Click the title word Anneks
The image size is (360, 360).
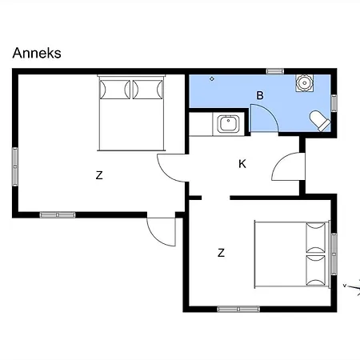(37, 53)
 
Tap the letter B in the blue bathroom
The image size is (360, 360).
(260, 95)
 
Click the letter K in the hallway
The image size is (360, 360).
(242, 164)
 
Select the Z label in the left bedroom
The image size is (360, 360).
(99, 175)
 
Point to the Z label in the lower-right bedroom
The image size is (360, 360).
(221, 253)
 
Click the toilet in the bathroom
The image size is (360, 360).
(320, 121)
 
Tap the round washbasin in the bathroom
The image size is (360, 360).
(304, 83)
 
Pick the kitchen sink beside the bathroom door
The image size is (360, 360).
(228, 124)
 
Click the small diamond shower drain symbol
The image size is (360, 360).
(212, 78)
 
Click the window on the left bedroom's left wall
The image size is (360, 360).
(15, 166)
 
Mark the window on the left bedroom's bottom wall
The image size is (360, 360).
(58, 214)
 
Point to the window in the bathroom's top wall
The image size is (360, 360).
(275, 71)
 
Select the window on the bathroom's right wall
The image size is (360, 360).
(334, 103)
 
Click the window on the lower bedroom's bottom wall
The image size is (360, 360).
(238, 309)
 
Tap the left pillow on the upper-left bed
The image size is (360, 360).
(115, 89)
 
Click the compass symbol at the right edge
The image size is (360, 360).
(352, 287)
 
